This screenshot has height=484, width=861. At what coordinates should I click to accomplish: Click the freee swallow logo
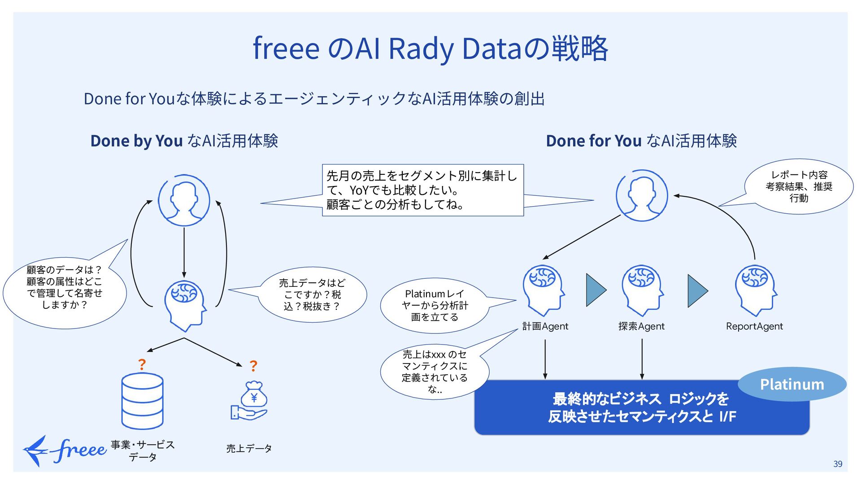coord(65,451)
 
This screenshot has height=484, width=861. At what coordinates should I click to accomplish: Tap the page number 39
coord(838,464)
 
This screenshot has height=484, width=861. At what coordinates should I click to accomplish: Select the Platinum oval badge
coord(792,384)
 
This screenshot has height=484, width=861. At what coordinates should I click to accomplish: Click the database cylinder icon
coord(142,401)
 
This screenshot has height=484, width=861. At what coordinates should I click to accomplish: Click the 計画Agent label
coord(545,326)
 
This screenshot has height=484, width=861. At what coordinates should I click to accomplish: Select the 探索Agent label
coord(641,326)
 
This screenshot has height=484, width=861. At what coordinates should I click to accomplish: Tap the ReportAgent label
coord(754,326)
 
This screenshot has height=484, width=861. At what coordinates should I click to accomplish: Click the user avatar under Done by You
coord(184,200)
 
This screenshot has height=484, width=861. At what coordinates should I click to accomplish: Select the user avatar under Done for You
coord(642,195)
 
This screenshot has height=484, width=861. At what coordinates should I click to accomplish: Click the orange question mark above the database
coord(142,364)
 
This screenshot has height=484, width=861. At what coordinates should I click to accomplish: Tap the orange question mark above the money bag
coord(253,366)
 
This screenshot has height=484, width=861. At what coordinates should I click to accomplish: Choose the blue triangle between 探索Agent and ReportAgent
coord(698,291)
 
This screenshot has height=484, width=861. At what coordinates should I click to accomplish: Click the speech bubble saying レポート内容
coord(799,186)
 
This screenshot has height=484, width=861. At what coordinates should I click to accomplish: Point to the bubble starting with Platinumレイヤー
coord(434,306)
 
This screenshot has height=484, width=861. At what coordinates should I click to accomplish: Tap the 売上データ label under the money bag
coord(249,449)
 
